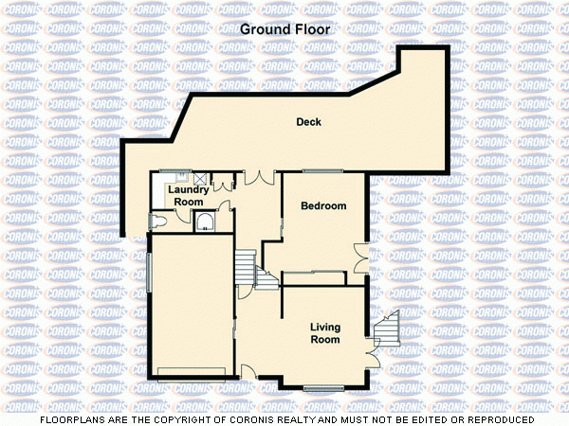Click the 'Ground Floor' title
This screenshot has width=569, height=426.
(x=285, y=29)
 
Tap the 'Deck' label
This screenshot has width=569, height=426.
(x=308, y=122)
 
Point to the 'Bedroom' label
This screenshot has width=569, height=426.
(x=323, y=205)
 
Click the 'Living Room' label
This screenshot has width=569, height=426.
(x=325, y=333)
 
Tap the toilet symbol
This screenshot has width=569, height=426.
(x=158, y=221)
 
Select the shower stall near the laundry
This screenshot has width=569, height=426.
(x=205, y=222)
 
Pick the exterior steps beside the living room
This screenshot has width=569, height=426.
(x=389, y=328)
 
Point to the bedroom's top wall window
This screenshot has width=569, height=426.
(x=322, y=171)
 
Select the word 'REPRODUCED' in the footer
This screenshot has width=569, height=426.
(x=500, y=418)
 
